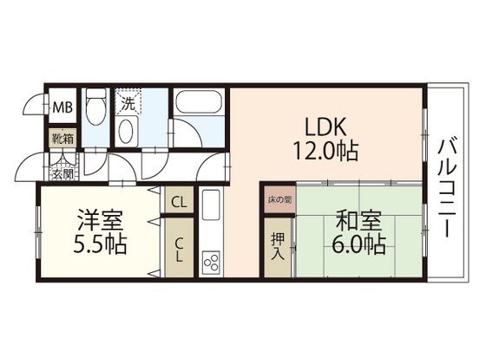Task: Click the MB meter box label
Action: point(62,108)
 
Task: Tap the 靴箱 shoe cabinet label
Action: point(62,137)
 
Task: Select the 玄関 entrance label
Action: point(62,173)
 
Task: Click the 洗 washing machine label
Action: point(128,103)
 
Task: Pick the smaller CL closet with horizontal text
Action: point(178,202)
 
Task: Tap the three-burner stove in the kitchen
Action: point(211,259)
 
